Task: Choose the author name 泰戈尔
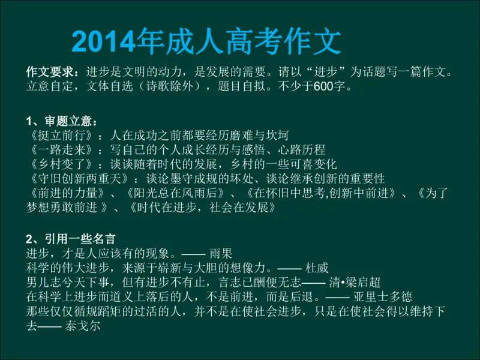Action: (x=85, y=326)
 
